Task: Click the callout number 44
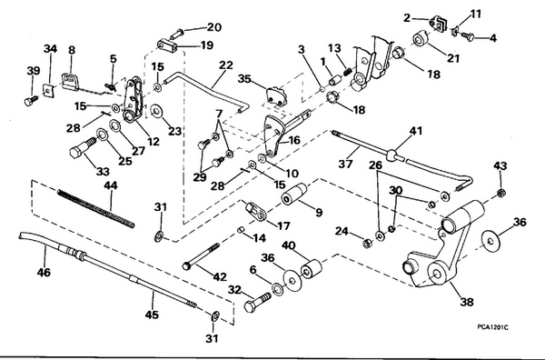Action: [x=110, y=185]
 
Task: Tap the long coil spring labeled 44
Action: [x=95, y=207]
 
